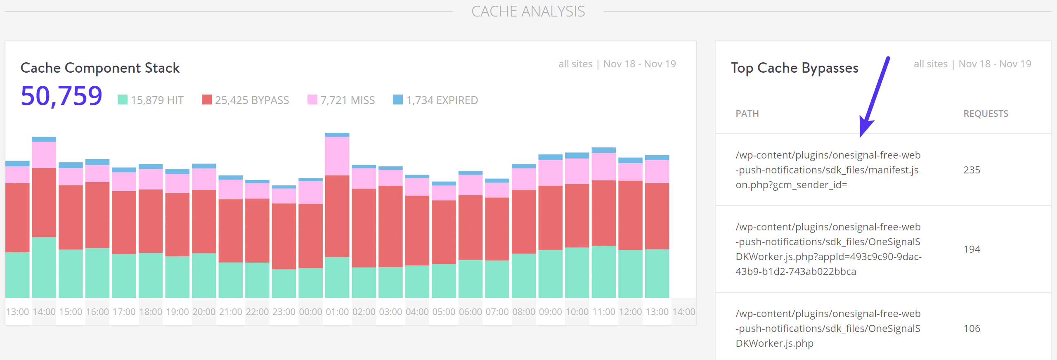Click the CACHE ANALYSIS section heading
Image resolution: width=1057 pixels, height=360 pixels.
click(528, 12)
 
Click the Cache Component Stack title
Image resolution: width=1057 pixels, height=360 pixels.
click(100, 68)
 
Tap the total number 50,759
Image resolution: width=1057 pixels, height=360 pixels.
click(61, 96)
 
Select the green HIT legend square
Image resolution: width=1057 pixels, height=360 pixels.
click(123, 99)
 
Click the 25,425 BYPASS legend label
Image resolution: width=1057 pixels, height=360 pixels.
click(252, 100)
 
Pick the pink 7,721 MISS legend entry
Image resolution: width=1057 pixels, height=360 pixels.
click(341, 100)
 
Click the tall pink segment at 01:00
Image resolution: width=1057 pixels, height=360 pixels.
click(337, 156)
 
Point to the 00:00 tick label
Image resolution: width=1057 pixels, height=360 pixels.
click(310, 312)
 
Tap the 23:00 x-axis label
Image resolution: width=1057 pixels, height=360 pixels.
click(284, 312)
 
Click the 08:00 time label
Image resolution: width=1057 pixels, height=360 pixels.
click(524, 312)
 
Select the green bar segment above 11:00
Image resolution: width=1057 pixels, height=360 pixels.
click(603, 272)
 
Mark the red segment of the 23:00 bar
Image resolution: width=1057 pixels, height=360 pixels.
click(284, 236)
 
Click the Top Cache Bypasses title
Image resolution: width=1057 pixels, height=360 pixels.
click(794, 68)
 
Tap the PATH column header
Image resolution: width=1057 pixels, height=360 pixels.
click(747, 114)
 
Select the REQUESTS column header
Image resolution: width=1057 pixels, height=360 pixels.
click(986, 114)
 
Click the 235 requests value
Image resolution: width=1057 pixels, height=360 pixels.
click(972, 170)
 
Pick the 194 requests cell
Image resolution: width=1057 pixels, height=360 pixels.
click(972, 249)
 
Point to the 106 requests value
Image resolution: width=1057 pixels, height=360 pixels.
click(972, 329)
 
